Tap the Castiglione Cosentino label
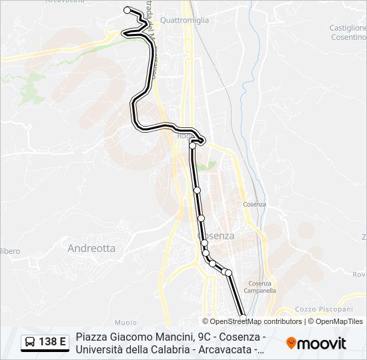348,33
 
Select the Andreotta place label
91,248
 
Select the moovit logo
316,343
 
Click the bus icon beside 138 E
30,343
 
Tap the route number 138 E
53,343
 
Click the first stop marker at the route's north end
127,10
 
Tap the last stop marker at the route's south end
242,319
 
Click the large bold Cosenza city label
216,236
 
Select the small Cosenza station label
254,204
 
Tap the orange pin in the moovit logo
292,343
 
